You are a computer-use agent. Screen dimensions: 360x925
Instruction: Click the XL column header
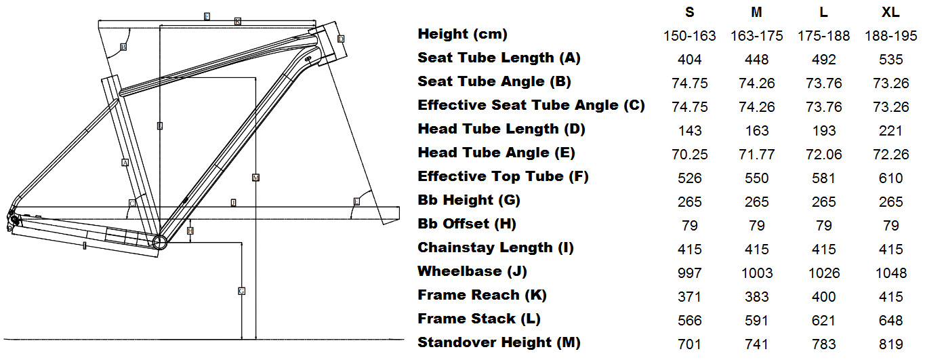(x=890, y=12)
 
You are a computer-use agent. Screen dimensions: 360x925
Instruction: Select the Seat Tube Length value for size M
(x=757, y=60)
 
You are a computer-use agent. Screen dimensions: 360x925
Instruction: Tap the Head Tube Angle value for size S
(x=690, y=155)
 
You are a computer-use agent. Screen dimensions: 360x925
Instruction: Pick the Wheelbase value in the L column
(x=824, y=273)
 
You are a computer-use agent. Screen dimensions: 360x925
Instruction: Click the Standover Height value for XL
(x=890, y=344)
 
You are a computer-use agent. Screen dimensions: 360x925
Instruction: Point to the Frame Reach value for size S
(x=690, y=297)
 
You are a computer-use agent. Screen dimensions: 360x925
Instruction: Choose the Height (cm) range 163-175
(x=757, y=36)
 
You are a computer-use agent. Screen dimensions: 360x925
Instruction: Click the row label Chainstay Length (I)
(x=495, y=247)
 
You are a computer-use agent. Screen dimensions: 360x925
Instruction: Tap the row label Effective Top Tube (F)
(x=503, y=176)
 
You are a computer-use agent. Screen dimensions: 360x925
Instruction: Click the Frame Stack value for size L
(x=824, y=321)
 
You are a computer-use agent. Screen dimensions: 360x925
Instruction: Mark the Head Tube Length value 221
(x=890, y=131)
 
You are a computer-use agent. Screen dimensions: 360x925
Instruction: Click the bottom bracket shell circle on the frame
(x=159, y=242)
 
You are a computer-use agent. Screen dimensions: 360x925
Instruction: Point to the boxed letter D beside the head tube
(x=341, y=39)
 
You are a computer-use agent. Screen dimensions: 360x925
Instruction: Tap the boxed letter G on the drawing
(x=241, y=291)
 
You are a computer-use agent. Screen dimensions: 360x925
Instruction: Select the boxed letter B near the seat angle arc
(x=123, y=47)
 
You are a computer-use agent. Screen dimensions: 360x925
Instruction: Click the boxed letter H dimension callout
(x=190, y=231)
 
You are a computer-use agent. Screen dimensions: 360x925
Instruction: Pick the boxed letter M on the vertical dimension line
(x=255, y=178)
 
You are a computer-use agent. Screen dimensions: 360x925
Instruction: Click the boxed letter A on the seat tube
(x=125, y=163)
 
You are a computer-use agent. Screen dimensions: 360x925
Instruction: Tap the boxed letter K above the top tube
(x=238, y=22)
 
